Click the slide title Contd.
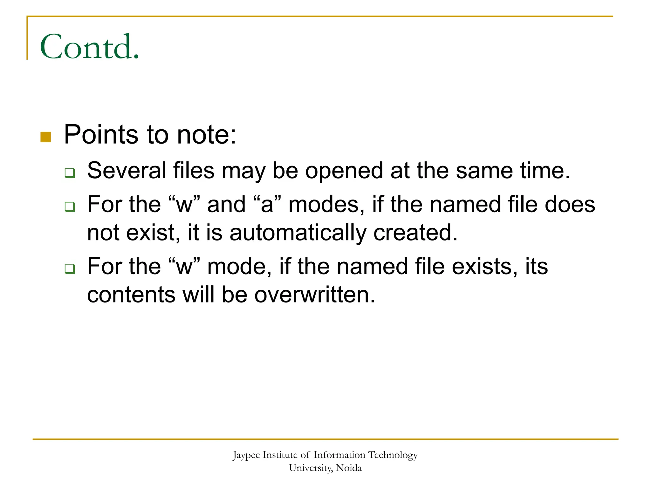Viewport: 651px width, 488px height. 89,47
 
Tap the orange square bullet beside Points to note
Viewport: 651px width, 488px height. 46,137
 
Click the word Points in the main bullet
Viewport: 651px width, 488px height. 101,135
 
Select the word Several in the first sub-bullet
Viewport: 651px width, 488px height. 127,171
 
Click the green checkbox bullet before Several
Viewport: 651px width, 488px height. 70,173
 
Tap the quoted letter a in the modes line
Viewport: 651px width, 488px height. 267,204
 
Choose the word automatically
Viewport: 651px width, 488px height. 298,233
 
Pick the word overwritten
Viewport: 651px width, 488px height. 315,295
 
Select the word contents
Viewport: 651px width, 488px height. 131,295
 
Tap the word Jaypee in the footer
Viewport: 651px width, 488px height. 246,455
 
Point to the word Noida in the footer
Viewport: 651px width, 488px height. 349,468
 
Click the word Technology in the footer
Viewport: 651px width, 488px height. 393,455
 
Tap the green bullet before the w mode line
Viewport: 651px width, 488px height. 70,269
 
